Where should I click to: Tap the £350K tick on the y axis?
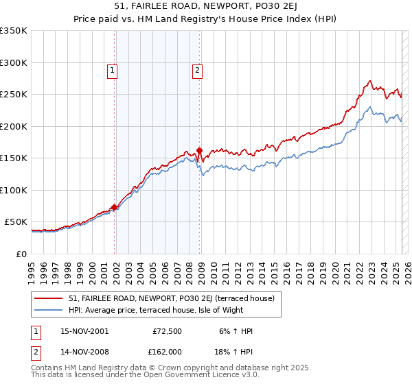point(14,31)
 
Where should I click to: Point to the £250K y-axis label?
point(14,95)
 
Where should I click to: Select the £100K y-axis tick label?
point(14,190)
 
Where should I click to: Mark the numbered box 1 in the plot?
point(112,69)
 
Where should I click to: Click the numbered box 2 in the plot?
point(197,69)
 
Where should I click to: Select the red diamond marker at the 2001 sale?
point(114,207)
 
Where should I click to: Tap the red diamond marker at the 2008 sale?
point(199,151)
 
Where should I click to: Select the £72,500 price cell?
point(166,331)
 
